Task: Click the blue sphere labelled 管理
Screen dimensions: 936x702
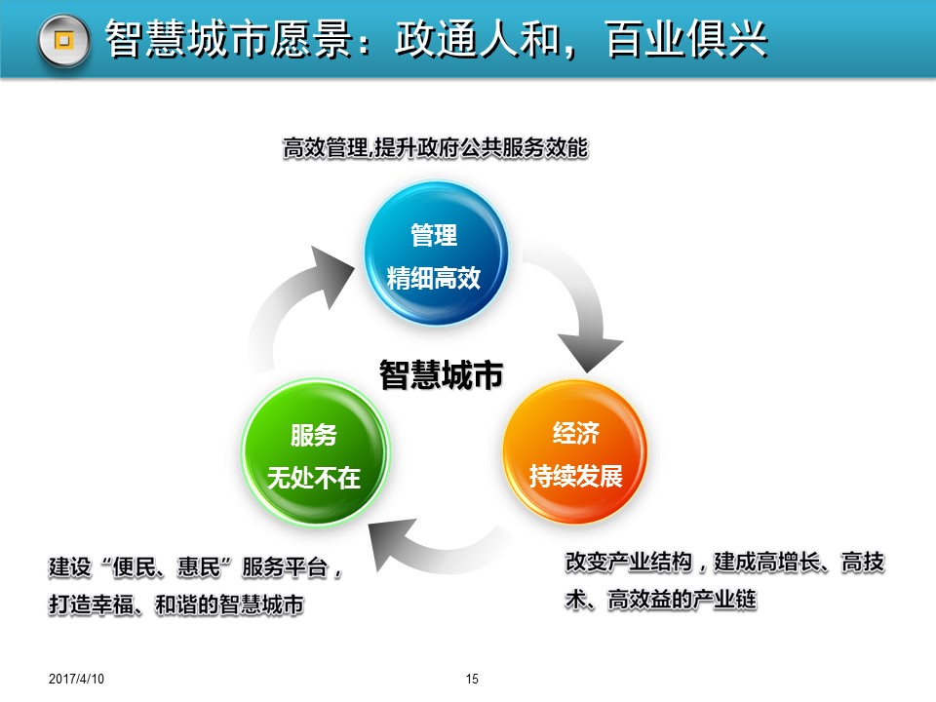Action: point(437,253)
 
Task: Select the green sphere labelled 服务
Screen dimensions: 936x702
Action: point(315,453)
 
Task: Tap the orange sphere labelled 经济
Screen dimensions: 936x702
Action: point(575,451)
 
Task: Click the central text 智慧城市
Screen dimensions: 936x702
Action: point(441,374)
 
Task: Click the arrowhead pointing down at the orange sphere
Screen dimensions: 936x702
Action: point(590,352)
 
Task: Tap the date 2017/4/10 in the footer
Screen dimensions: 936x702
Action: point(76,679)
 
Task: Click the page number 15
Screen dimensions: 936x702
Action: point(472,679)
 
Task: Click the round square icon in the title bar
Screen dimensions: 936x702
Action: point(64,41)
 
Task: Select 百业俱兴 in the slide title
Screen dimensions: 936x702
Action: point(686,39)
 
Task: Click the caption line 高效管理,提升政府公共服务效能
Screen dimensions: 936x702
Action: point(435,147)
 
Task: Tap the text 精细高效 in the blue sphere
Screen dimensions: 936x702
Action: point(434,278)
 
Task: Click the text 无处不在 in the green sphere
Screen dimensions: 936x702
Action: point(314,478)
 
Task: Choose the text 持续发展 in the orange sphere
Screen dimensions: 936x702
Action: point(576,476)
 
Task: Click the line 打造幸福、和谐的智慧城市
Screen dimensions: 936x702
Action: point(176,604)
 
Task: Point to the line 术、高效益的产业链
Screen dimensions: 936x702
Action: point(661,600)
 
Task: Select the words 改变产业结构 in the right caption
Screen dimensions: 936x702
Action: point(629,562)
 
